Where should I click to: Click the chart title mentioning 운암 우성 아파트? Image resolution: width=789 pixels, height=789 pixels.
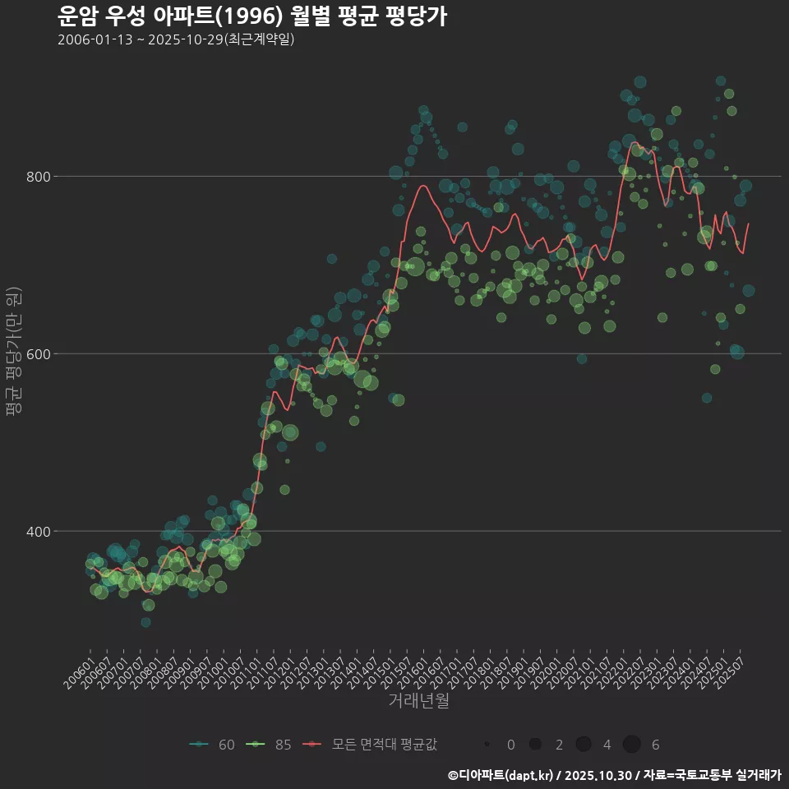pos(252,16)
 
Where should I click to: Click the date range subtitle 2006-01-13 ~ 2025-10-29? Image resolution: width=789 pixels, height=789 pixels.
pos(176,39)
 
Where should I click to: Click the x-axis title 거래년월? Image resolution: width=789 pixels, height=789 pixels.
pos(418,701)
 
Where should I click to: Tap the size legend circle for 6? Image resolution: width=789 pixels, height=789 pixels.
pos(631,745)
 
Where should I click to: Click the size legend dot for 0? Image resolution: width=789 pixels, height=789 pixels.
pos(487,745)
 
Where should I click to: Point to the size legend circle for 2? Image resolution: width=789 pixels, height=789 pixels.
pos(535,745)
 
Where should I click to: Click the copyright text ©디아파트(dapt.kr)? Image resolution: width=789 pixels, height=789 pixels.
pos(501,775)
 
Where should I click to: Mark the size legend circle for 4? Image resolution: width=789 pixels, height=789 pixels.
pos(584,745)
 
